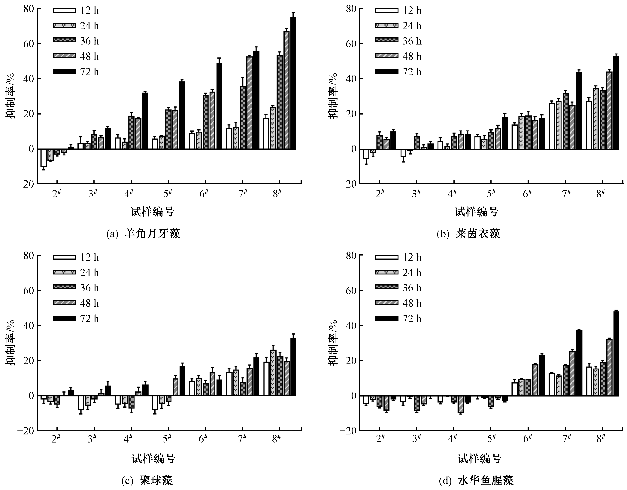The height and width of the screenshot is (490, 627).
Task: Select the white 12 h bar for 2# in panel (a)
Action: pyautogui.click(x=43, y=158)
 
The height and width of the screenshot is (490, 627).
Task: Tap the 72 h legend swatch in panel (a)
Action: pyautogui.click(x=64, y=72)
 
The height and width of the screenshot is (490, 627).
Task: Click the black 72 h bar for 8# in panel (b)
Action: pyautogui.click(x=616, y=103)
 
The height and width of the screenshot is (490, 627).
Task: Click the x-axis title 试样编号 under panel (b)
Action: pyautogui.click(x=476, y=212)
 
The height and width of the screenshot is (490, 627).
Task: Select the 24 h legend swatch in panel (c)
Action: pyautogui.click(x=64, y=272)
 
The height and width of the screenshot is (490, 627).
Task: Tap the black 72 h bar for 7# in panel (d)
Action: pyautogui.click(x=579, y=363)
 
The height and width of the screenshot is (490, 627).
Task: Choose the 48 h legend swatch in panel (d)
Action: pyautogui.click(x=387, y=303)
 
